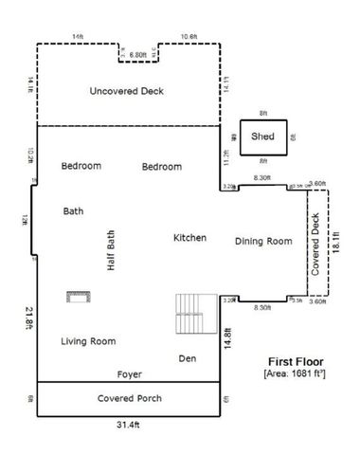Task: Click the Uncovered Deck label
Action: pos(126,91)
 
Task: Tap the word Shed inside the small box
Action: pos(262,136)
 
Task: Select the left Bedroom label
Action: pos(81,166)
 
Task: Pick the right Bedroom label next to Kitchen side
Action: pos(161,167)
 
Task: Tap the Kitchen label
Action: pos(189,238)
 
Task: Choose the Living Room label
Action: pos(88,340)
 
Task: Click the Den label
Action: pos(187,357)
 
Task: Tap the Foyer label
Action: pos(130,373)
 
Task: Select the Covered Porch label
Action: pos(129,398)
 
